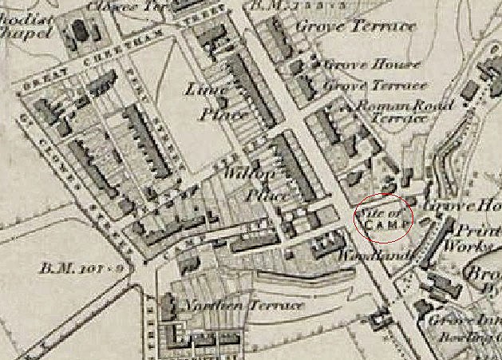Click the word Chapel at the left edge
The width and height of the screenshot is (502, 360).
click(25, 34)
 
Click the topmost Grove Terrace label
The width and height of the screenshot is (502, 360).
click(355, 26)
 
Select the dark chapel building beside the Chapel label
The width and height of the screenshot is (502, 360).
click(80, 32)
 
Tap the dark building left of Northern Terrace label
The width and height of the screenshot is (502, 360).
click(168, 304)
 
